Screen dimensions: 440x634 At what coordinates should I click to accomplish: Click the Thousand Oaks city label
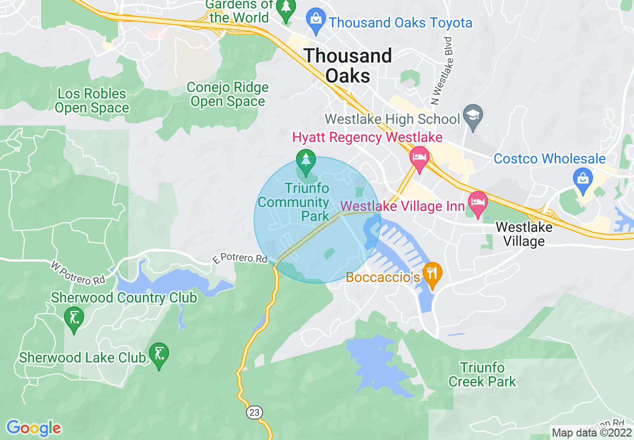[x=348, y=65]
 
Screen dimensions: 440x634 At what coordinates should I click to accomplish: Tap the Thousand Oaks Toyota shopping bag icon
[x=315, y=18]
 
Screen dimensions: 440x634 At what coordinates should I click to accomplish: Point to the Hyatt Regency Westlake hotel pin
[x=419, y=157]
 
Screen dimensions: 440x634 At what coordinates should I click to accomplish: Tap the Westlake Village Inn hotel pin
[x=477, y=203]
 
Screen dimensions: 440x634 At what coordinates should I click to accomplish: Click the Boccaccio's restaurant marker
[x=432, y=273]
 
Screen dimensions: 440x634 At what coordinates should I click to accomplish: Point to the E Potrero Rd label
[x=240, y=259]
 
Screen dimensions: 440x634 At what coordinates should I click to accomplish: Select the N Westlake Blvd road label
[x=442, y=70]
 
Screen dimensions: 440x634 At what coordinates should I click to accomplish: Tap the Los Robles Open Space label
[x=92, y=100]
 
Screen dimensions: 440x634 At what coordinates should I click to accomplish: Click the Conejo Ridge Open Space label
[x=227, y=94]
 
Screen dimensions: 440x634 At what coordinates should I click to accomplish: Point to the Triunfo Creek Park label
[x=482, y=375]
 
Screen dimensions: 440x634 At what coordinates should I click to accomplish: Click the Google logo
[x=34, y=428]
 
